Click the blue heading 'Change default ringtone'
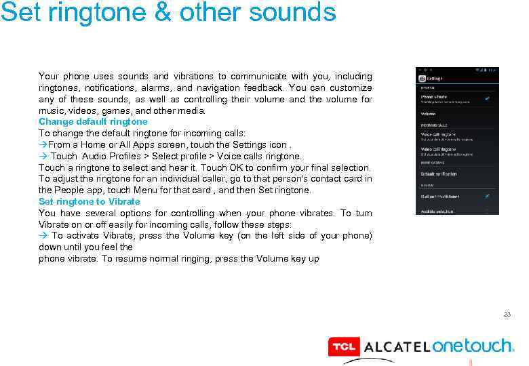(x=93, y=122)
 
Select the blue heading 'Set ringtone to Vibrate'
(x=90, y=201)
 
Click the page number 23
(x=507, y=315)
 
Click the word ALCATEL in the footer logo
(x=396, y=347)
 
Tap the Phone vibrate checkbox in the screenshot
(x=487, y=98)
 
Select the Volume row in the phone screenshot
(x=429, y=115)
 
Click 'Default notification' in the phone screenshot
(x=439, y=174)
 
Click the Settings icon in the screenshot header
(x=422, y=78)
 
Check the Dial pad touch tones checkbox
(x=487, y=196)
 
